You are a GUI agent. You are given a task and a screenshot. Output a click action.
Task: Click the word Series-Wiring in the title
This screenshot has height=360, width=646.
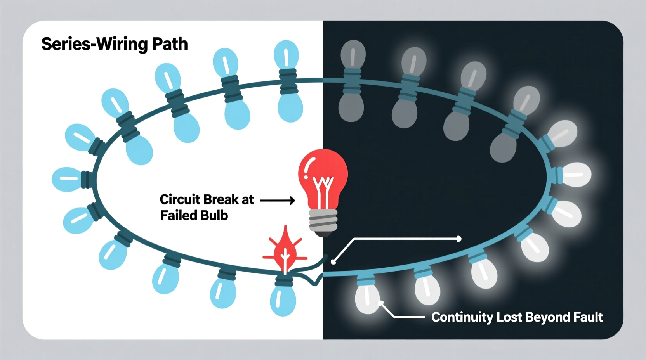click(x=94, y=44)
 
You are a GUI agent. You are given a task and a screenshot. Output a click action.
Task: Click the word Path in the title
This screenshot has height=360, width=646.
click(x=170, y=44)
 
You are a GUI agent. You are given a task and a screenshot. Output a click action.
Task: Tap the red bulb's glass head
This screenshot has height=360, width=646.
click(x=323, y=171)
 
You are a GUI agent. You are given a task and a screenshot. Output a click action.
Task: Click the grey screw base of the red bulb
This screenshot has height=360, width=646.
click(x=323, y=222)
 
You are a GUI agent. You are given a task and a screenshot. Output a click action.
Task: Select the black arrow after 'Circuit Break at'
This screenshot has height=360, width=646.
click(x=277, y=201)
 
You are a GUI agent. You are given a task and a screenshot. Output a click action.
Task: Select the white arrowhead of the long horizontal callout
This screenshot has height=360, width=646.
click(x=459, y=239)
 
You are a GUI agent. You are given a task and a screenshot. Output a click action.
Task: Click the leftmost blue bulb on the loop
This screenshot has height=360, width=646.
click(x=66, y=179)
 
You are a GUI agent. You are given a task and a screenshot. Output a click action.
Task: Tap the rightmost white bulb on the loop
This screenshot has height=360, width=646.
click(x=577, y=175)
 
